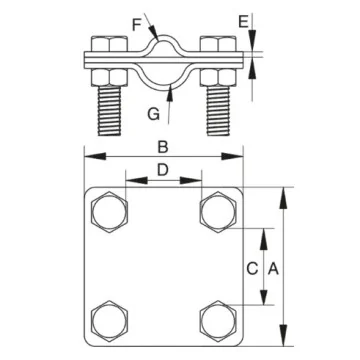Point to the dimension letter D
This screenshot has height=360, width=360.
click(x=163, y=170)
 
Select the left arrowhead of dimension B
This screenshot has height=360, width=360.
click(x=88, y=155)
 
